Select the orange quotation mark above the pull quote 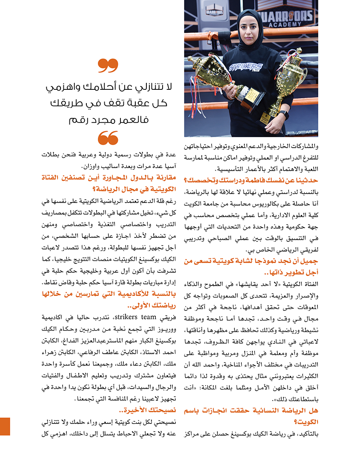(108, 66)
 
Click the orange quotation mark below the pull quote (108, 137)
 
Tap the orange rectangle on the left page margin (5, 426)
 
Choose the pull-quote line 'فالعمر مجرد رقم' (108, 120)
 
